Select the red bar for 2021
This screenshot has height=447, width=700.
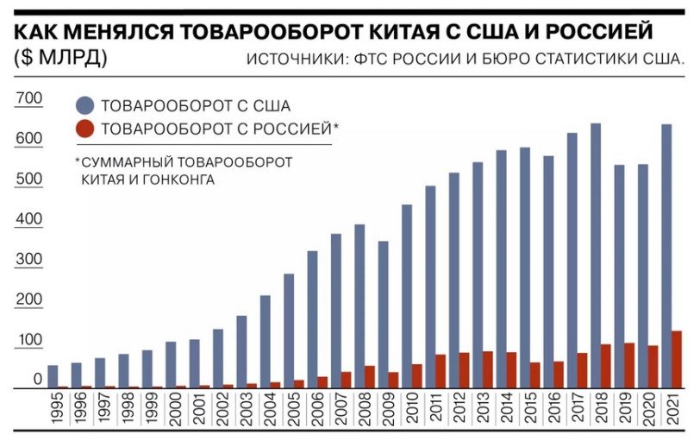pyautogui.click(x=677, y=360)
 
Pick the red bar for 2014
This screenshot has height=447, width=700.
pyautogui.click(x=511, y=370)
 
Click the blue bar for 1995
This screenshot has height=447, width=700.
pyautogui.click(x=53, y=377)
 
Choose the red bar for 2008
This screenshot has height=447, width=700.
pyautogui.click(x=369, y=377)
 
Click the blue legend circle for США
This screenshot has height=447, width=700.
pyautogui.click(x=85, y=106)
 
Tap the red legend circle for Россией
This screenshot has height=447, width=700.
pyautogui.click(x=85, y=129)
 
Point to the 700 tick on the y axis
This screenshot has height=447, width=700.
pyautogui.click(x=28, y=99)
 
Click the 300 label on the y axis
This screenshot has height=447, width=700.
pyautogui.click(x=28, y=260)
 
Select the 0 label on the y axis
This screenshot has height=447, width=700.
pyautogui.click(x=37, y=380)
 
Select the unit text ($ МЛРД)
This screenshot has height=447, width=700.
pyautogui.click(x=60, y=59)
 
